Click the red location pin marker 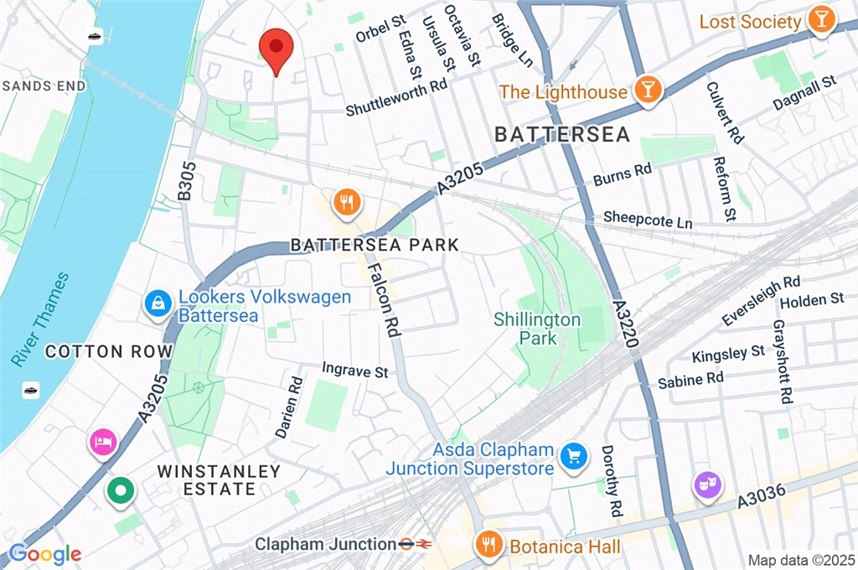276,49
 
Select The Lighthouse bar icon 647,91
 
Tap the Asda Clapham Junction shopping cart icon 573,457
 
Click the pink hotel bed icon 102,442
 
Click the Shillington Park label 536,329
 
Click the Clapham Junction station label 325,545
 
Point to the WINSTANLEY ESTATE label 219,480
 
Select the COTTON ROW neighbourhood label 108,351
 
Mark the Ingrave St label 355,370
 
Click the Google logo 44,553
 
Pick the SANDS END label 44,85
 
